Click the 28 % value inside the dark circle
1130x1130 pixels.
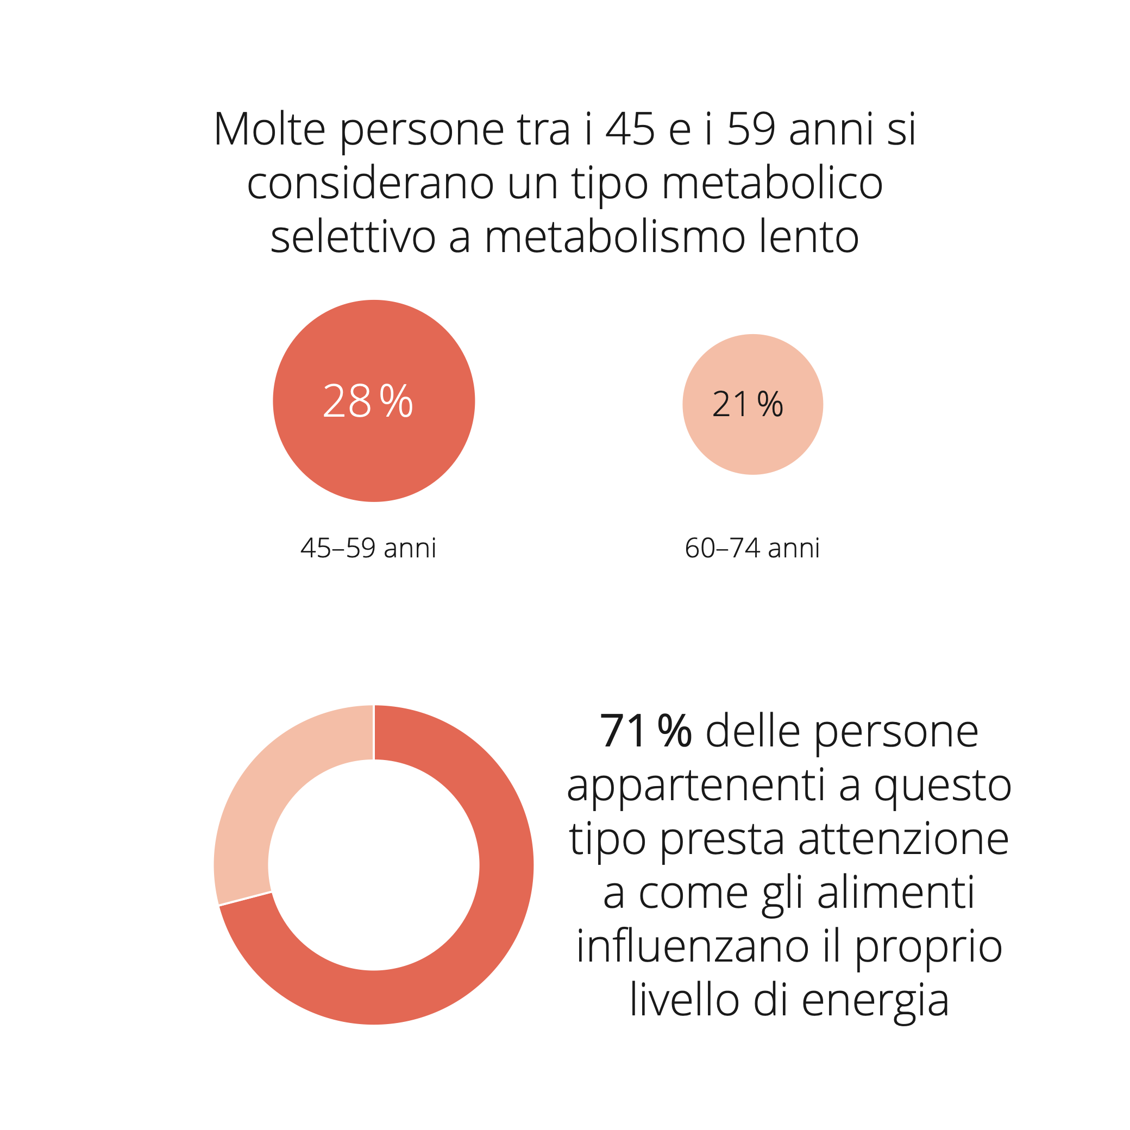(x=368, y=401)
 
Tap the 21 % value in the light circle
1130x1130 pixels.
(x=748, y=404)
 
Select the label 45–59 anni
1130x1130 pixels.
(x=368, y=548)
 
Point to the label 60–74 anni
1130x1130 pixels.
(x=752, y=548)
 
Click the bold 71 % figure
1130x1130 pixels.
(x=646, y=731)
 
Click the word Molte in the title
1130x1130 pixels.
(x=269, y=129)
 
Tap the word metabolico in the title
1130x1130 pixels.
(x=772, y=183)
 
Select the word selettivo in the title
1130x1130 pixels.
(x=353, y=237)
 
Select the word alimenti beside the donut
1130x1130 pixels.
(x=896, y=893)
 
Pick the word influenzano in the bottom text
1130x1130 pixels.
(x=693, y=947)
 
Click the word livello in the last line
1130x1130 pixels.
(x=685, y=1000)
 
